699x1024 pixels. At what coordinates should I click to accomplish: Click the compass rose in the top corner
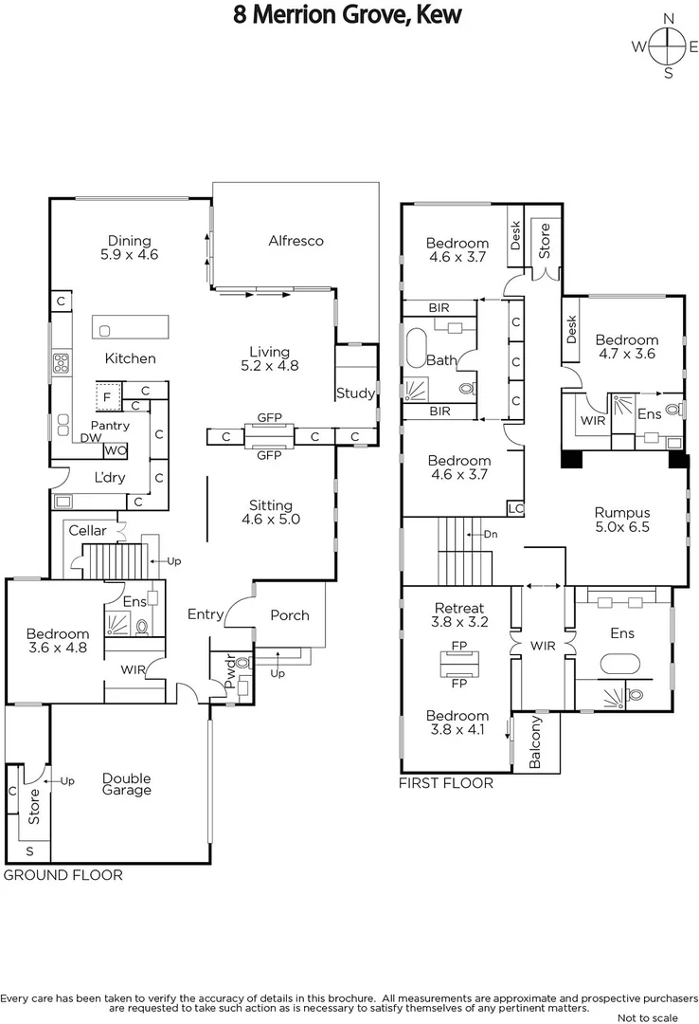(668, 46)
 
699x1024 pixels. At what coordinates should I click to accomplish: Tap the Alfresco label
(296, 241)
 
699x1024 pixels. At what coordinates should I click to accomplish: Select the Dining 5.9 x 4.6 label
(129, 247)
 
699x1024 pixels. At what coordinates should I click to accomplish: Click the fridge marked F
(107, 395)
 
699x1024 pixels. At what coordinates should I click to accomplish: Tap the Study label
(355, 393)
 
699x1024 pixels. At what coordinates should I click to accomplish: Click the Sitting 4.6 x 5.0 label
(271, 512)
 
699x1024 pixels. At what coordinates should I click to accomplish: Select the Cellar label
(87, 531)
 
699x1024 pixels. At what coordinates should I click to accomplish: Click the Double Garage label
(126, 784)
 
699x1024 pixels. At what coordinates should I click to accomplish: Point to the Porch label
(289, 615)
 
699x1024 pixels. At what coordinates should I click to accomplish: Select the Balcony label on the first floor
(535, 741)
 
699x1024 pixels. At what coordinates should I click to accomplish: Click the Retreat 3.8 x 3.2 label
(458, 615)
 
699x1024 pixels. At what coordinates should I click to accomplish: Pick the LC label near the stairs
(515, 507)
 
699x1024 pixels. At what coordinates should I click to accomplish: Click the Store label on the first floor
(544, 240)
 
